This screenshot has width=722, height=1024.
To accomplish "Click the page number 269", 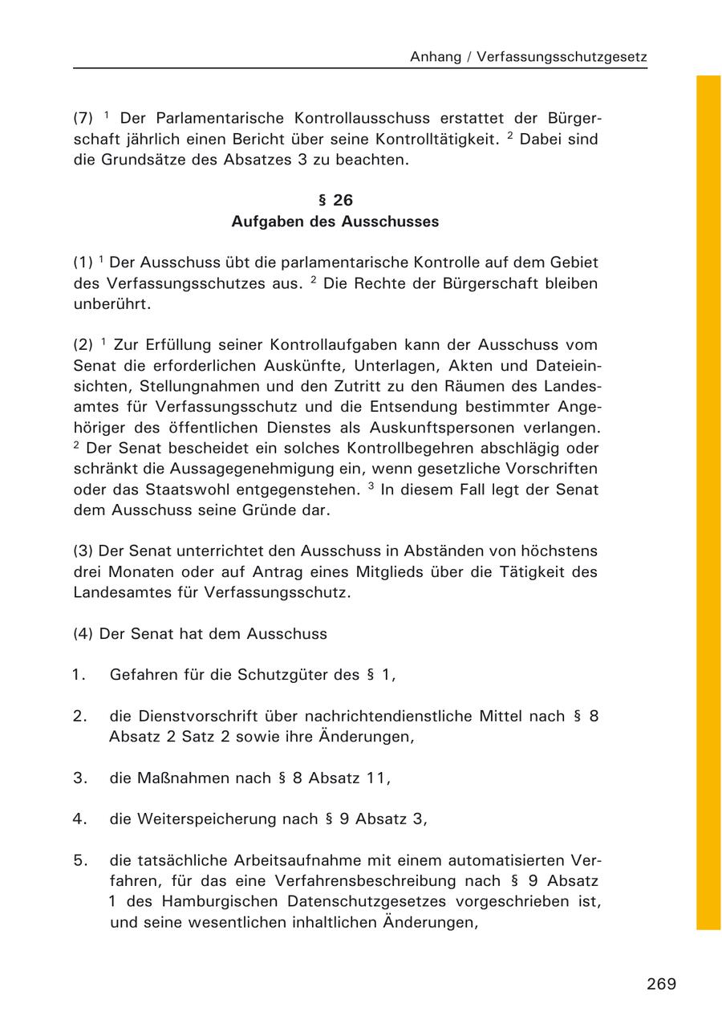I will pos(661,984).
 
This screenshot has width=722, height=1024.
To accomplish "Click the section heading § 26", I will pos(335,201).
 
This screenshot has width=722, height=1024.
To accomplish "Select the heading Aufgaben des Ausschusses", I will pos(335,221).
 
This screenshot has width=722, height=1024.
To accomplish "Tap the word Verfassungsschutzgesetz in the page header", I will pos(562,57).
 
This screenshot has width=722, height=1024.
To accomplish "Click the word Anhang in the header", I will pos(436,57).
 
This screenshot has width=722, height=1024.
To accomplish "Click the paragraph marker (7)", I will pos(83,118).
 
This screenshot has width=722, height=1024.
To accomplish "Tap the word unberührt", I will pos(112,304).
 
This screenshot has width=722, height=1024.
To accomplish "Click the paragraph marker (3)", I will pos(83,551).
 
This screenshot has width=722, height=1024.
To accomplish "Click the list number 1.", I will pos(79,675).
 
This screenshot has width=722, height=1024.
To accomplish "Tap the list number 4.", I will pos(79,819).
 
